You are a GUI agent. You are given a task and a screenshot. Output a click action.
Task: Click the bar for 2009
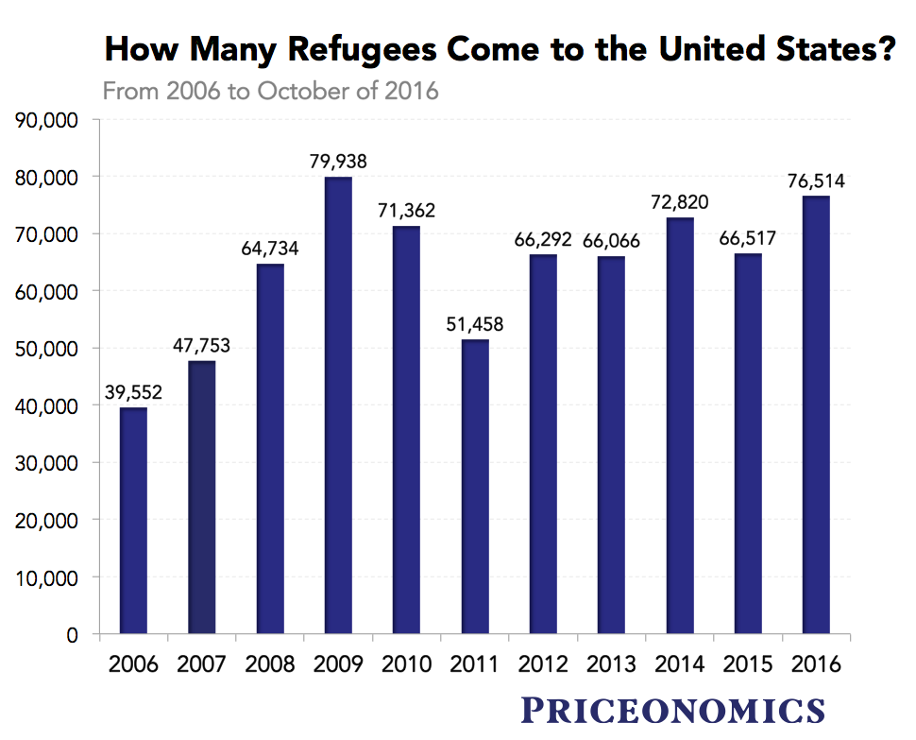coord(338,405)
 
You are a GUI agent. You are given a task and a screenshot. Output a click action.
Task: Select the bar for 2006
coord(133,521)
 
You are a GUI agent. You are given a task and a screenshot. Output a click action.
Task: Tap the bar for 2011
coord(475,487)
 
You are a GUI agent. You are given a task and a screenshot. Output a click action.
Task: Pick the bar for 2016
coord(816,415)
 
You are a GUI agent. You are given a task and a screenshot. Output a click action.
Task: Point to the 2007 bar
coord(202,497)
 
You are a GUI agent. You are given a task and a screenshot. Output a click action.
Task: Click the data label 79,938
coord(338,162)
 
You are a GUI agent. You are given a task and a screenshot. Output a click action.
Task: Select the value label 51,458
coord(475,324)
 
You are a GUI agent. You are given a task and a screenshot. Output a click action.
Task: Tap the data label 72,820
coord(680,202)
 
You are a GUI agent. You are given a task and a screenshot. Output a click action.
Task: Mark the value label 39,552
coord(132,392)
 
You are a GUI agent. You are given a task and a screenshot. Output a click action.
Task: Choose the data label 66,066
coord(611,241)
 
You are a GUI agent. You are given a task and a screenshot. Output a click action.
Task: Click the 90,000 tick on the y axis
coord(47,120)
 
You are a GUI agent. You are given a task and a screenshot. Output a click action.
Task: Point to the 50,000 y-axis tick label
coord(47,349)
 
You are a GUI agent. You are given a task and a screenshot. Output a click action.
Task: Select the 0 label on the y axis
coord(72,635)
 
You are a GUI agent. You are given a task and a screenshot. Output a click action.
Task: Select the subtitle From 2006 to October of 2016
coord(270,92)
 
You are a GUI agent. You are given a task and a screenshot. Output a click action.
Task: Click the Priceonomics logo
coord(673,709)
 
